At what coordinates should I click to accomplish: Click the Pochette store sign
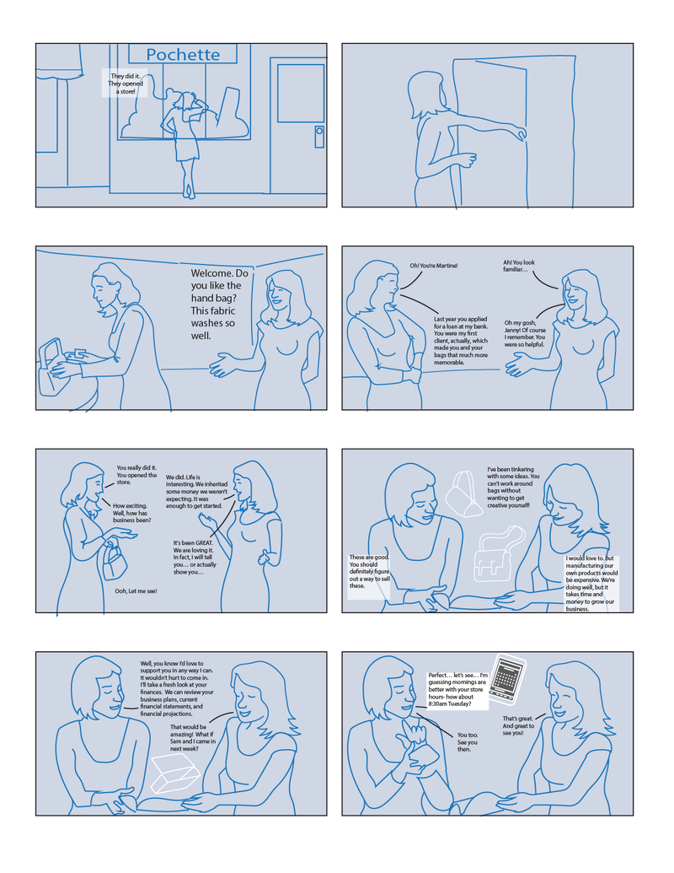183,54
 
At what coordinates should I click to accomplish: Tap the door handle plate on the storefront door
319,137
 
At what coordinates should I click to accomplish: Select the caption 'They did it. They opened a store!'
126,83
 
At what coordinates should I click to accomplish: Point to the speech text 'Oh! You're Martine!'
434,266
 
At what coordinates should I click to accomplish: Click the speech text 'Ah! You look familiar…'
519,266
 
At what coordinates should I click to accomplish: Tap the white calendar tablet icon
507,677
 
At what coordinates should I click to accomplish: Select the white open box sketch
174,774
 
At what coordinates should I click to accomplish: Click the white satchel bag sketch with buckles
498,554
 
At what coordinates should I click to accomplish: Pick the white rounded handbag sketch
463,494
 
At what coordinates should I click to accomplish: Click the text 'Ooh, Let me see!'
136,590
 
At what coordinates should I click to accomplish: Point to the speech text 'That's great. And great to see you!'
518,725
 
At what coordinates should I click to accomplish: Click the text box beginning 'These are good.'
369,576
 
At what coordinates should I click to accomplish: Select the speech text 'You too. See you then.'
467,742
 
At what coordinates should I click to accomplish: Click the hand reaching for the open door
520,133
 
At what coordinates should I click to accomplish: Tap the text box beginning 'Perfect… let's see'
457,689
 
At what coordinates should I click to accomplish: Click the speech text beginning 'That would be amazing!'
192,738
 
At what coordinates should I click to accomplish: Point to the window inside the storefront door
301,93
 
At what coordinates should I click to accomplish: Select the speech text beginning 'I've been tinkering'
513,488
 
